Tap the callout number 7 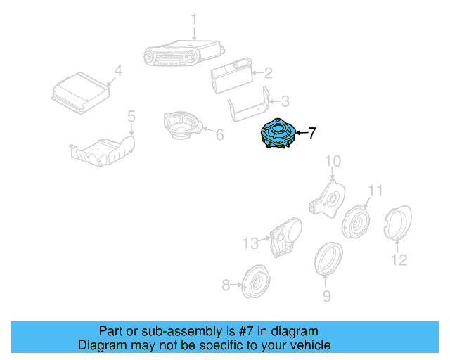[313, 132]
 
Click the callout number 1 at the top [195, 20]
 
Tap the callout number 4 [118, 70]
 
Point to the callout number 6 [219, 134]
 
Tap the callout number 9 [326, 296]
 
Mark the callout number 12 [398, 261]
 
